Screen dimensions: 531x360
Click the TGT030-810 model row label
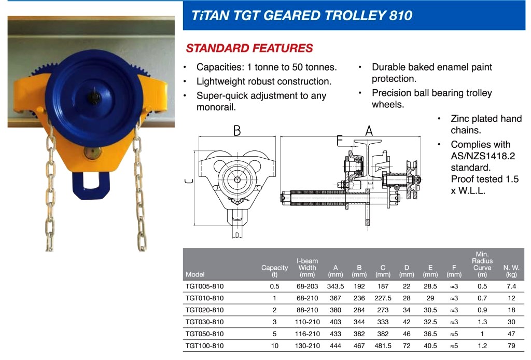(x=204, y=322)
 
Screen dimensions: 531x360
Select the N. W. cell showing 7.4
(x=511, y=286)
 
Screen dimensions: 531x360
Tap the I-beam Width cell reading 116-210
(x=307, y=334)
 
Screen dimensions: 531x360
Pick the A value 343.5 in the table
(x=336, y=286)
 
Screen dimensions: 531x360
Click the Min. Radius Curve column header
(x=482, y=264)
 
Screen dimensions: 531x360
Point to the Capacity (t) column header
(x=274, y=271)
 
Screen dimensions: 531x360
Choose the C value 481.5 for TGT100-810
(x=383, y=345)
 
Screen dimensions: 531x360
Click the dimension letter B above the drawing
(x=237, y=130)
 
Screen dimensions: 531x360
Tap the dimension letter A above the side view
(x=369, y=130)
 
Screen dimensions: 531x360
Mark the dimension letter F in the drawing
(x=339, y=140)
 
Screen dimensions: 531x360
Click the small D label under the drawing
(x=237, y=234)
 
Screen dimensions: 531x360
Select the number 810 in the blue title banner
(x=401, y=15)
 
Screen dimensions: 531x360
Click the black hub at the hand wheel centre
(x=94, y=97)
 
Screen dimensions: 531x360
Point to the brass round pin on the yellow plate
(x=92, y=153)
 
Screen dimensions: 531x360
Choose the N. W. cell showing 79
(x=511, y=345)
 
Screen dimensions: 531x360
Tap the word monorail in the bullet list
(x=215, y=107)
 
